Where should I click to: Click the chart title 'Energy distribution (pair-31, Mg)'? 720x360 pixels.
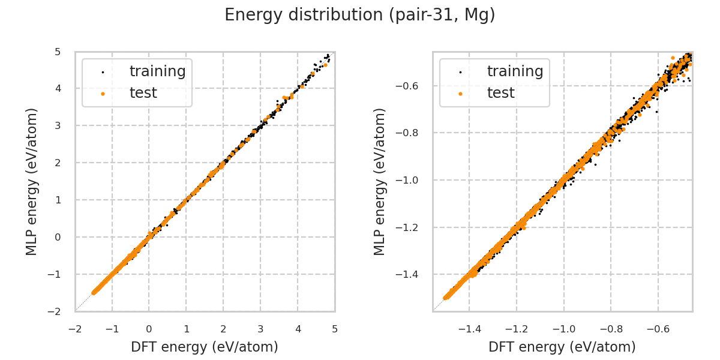pyautogui.click(x=360, y=15)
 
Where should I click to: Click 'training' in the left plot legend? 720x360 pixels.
pyautogui.click(x=157, y=71)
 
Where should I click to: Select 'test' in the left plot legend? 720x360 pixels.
pyautogui.click(x=143, y=93)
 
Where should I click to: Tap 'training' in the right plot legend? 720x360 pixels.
pyautogui.click(x=515, y=71)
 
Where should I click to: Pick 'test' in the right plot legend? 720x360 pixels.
pyautogui.click(x=500, y=93)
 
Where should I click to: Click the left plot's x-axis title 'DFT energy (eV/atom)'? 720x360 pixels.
pyautogui.click(x=205, y=347)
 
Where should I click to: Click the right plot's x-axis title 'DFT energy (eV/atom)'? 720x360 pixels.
pyautogui.click(x=562, y=347)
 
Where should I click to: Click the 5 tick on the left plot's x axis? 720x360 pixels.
pyautogui.click(x=335, y=329)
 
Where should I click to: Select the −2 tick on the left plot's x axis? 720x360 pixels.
pyautogui.click(x=75, y=329)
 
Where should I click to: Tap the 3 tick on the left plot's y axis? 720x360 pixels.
pyautogui.click(x=58, y=125)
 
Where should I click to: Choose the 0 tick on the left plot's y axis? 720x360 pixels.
pyautogui.click(x=58, y=237)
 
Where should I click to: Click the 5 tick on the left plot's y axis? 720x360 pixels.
pyautogui.click(x=58, y=52)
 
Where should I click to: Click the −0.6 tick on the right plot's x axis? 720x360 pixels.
pyautogui.click(x=658, y=329)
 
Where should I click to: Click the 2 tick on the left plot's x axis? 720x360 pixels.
pyautogui.click(x=223, y=329)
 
